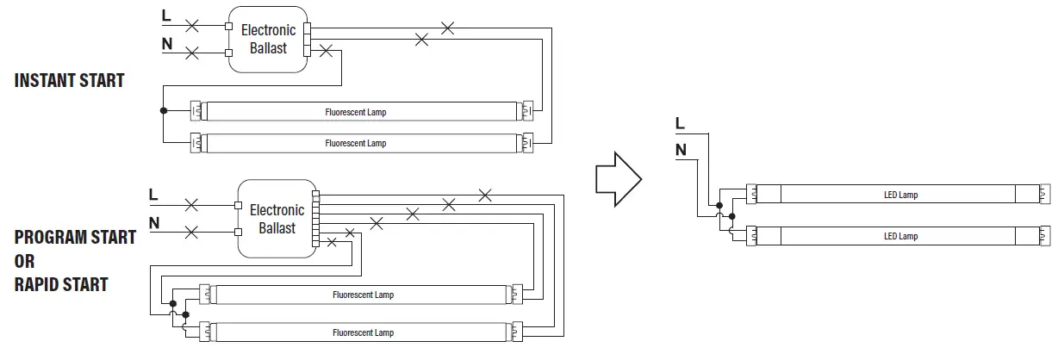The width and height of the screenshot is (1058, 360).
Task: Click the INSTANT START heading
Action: point(69,81)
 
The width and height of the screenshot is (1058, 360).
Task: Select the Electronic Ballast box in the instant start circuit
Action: point(268,40)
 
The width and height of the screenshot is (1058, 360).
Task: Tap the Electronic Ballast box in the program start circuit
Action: point(277,219)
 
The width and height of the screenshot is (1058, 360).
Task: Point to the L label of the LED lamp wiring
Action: point(680,123)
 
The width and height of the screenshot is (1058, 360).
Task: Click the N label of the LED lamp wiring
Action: point(681,150)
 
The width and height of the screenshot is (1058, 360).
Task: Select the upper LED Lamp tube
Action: point(901,195)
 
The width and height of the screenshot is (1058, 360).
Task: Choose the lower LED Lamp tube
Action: point(901,236)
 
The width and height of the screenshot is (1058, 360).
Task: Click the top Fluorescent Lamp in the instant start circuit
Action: point(362,112)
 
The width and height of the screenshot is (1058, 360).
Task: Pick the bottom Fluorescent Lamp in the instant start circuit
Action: point(362,143)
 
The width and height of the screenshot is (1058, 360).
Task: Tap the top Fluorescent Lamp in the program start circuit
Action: point(363,295)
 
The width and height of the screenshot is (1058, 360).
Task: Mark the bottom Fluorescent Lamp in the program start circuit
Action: point(363,332)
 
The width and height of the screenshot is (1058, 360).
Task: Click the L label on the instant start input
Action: point(166,16)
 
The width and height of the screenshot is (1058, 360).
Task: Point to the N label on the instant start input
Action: point(166,43)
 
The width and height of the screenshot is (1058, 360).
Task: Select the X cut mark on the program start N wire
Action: point(191,232)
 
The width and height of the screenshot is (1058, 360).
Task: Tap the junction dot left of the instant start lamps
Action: point(163,111)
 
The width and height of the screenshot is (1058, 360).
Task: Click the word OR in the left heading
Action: point(26,261)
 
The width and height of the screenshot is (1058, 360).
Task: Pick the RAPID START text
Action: point(61,284)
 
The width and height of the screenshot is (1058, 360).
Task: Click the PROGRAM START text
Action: point(75,238)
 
